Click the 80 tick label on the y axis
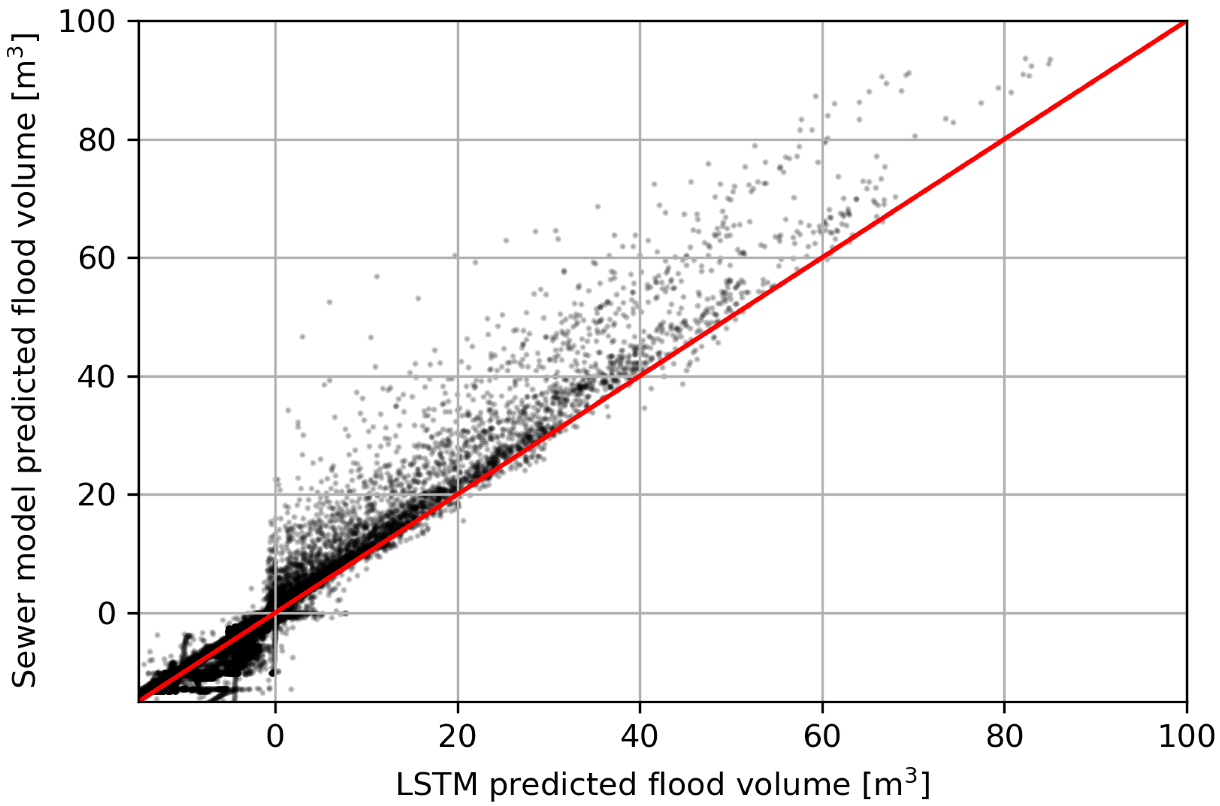coord(96,140)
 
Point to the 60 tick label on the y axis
coord(96,258)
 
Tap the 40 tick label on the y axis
coord(96,377)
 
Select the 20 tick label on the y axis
coord(96,495)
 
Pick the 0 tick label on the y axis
coord(107,614)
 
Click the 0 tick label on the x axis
coord(276,737)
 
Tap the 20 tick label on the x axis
coord(457,737)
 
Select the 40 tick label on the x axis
coord(640,737)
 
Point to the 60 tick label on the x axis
coord(822,737)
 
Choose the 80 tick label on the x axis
coord(1004,737)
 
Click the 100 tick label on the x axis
coord(1186,737)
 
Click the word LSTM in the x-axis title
coord(437,785)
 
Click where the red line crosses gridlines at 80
coord(1004,140)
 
